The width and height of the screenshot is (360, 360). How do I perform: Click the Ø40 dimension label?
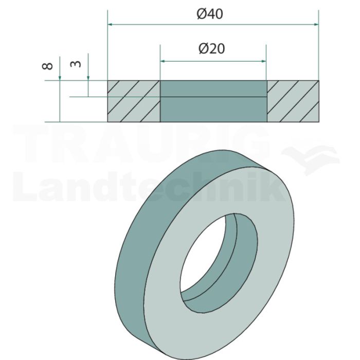(x=210, y=14)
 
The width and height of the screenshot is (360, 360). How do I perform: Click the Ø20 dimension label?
(x=212, y=49)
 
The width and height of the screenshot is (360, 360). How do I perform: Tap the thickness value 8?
(x=47, y=66)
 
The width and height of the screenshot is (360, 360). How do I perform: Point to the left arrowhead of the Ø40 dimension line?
(x=110, y=24)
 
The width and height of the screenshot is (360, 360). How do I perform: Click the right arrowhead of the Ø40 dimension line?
(x=316, y=24)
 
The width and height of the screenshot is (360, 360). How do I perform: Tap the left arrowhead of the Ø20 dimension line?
(x=163, y=61)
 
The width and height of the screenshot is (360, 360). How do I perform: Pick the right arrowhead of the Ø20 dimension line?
(x=263, y=61)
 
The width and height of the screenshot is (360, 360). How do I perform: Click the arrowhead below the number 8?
(x=60, y=78)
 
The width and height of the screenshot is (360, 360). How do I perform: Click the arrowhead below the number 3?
(x=88, y=78)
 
